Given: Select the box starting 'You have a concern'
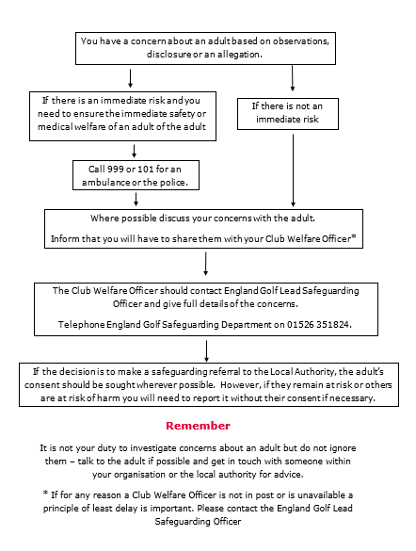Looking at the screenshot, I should tap(209, 47).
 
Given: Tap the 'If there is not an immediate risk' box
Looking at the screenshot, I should tap(293, 114).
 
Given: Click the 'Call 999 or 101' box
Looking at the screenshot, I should tap(136, 174).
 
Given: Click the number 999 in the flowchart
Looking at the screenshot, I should tap(104, 169).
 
